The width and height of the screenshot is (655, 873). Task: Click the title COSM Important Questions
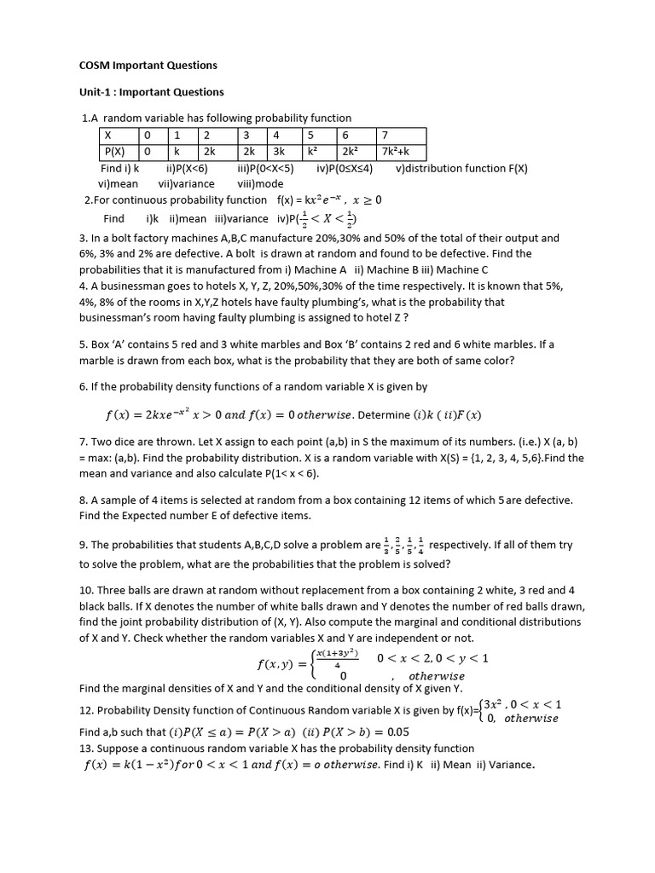(x=148, y=65)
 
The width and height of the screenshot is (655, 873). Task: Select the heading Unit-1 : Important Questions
(x=151, y=92)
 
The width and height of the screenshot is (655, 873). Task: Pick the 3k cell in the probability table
(x=280, y=151)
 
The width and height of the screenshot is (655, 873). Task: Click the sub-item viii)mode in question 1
(x=260, y=183)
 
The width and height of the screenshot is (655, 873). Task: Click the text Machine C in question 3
(x=466, y=269)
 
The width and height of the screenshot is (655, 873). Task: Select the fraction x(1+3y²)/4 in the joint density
(x=338, y=659)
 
